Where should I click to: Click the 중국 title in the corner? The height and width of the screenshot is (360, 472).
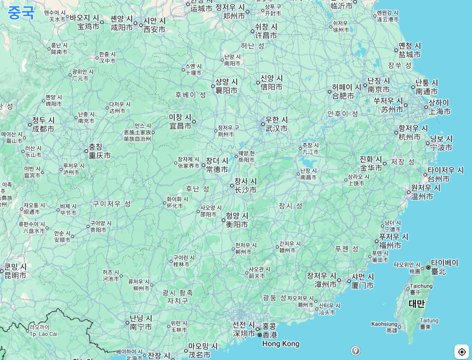pyautogui.click(x=21, y=12)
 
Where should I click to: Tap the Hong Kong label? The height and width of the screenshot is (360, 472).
pyautogui.click(x=280, y=343)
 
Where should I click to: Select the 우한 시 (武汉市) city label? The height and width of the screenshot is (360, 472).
pyautogui.click(x=277, y=124)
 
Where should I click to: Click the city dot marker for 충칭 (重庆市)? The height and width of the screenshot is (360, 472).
pyautogui.click(x=86, y=151)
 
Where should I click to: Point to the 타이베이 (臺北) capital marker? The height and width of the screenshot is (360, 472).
pyautogui.click(x=428, y=267)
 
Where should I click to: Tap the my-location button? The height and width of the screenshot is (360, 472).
pyautogui.click(x=461, y=351)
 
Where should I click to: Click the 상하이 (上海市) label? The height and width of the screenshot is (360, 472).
pyautogui.click(x=439, y=107)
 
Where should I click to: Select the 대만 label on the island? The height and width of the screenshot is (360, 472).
pyautogui.click(x=416, y=303)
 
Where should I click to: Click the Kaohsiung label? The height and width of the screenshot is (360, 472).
pyautogui.click(x=384, y=324)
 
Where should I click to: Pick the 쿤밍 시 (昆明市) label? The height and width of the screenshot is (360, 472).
pyautogui.click(x=16, y=270)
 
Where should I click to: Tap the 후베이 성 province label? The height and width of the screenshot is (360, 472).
pyautogui.click(x=191, y=94)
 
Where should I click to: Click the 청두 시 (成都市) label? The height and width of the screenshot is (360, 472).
pyautogui.click(x=43, y=124)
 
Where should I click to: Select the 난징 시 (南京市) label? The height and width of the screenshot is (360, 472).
pyautogui.click(x=378, y=85)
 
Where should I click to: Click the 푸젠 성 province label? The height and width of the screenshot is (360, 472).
pyautogui.click(x=347, y=248)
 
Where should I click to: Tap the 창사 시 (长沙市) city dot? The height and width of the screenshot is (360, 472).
pyautogui.click(x=232, y=185)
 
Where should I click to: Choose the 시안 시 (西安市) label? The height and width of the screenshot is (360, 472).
pyautogui.click(x=155, y=25)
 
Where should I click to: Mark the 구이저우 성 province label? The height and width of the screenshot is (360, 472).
pyautogui.click(x=112, y=203)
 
